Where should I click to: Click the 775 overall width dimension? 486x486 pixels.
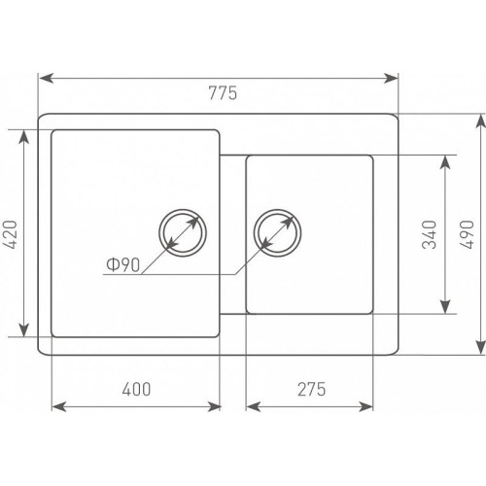coord(223,93)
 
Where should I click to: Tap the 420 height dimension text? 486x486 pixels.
coord(10,234)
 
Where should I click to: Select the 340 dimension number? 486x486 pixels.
coord(430,234)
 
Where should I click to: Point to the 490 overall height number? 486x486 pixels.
coord(467,234)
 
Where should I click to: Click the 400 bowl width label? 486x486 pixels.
coord(136,389)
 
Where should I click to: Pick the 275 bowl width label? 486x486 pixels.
coord(311,389)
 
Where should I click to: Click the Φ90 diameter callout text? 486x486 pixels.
coord(123,264)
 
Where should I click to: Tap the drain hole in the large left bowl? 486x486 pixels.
coord(183,233)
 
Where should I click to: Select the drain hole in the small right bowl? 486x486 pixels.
coord(277,233)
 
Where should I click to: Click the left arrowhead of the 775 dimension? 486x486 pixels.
coord(46,79)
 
